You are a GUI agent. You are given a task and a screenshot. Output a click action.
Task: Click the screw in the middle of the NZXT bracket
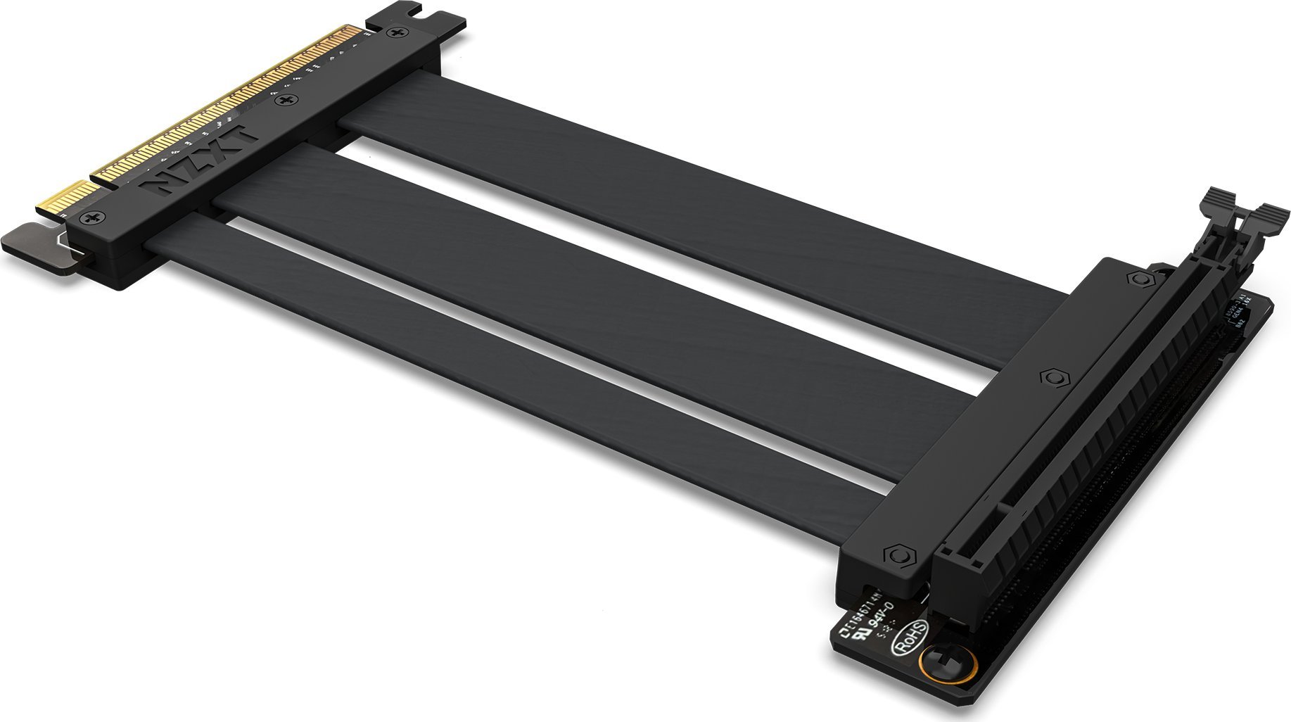click(x=286, y=103)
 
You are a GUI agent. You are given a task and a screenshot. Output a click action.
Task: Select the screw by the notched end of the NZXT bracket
click(x=399, y=32)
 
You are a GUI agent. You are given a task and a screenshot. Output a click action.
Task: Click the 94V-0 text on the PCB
click(x=880, y=613)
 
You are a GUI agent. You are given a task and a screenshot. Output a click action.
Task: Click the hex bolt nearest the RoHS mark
click(x=897, y=556)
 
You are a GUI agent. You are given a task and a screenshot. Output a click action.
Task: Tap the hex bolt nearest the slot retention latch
click(x=1137, y=279)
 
